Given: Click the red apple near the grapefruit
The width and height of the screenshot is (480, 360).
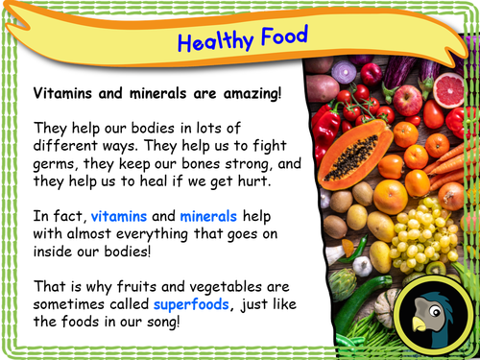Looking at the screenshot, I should point(409,99).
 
